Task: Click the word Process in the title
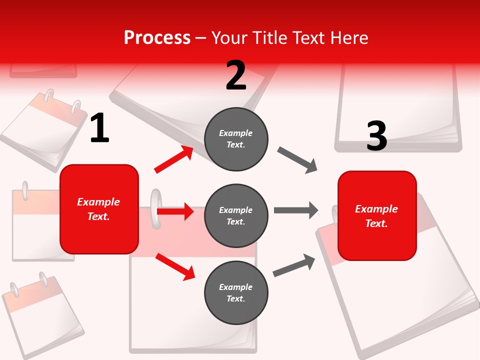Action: [157, 37]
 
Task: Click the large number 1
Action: [99, 128]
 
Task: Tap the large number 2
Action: [236, 75]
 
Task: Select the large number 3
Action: [376, 136]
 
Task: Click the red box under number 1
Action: [99, 209]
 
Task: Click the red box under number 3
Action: [377, 216]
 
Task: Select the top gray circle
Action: [236, 139]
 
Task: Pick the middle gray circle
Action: [236, 216]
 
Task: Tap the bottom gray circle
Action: [236, 292]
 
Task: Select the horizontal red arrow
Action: [175, 211]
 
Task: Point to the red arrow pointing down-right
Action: [175, 266]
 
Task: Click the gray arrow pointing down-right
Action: [297, 160]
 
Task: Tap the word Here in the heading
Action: [349, 37]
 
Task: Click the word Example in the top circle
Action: [236, 133]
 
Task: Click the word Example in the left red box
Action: [98, 202]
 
